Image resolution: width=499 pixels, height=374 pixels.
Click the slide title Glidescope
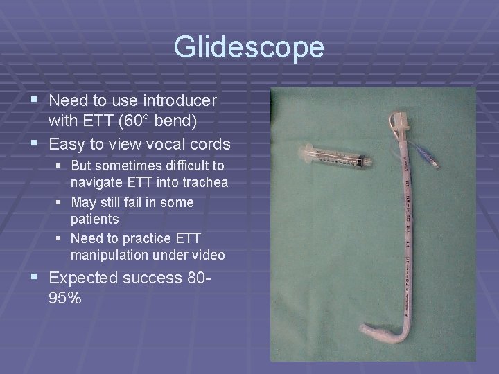[x=249, y=47]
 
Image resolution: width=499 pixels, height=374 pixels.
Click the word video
[x=208, y=255]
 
